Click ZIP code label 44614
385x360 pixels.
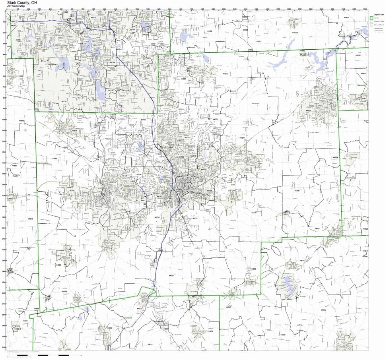74,130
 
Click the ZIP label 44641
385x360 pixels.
242,137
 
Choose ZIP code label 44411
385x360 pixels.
346,18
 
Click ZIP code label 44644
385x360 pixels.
302,260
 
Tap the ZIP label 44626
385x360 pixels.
171,275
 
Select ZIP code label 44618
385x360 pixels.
31,219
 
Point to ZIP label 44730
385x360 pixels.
254,213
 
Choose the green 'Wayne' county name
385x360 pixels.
17,174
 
